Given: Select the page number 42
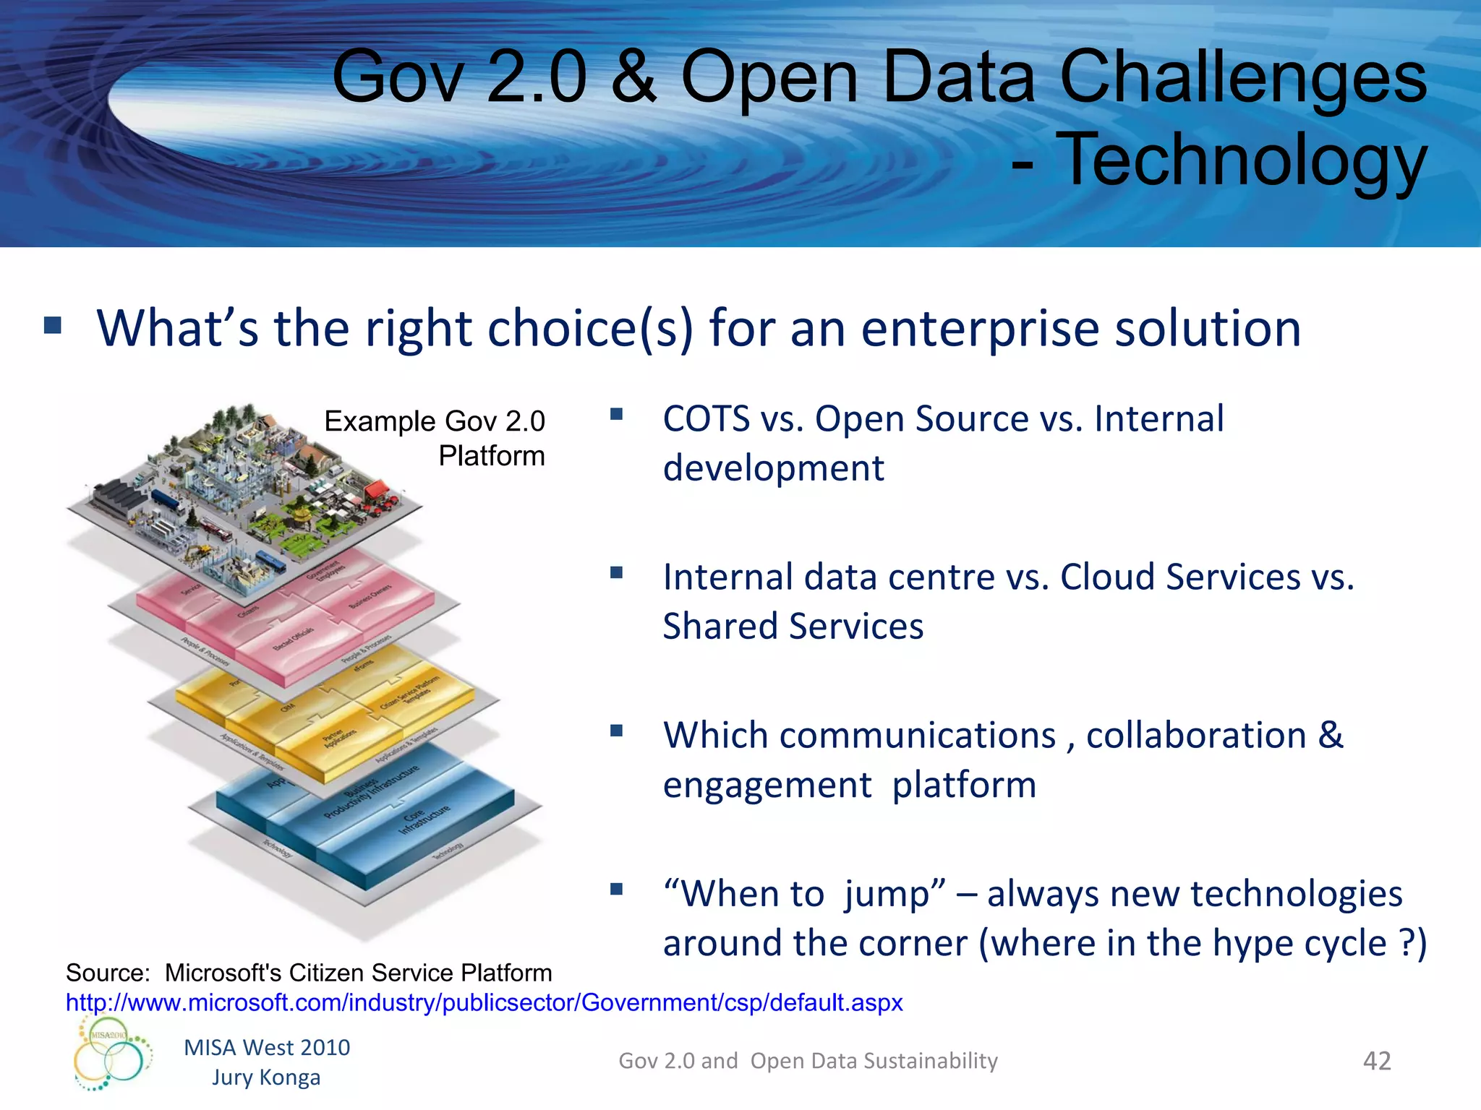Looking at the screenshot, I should pos(1376,1061).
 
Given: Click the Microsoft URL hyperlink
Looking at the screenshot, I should pos(484,1002).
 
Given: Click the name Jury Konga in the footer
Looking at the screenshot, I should pos(265,1077).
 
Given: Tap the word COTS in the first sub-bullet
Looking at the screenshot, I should pos(707,419).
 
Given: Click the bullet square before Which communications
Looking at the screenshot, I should pos(616,731).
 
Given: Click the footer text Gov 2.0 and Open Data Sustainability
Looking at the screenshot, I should pos(808,1061).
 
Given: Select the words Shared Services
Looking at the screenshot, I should pos(793,627).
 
